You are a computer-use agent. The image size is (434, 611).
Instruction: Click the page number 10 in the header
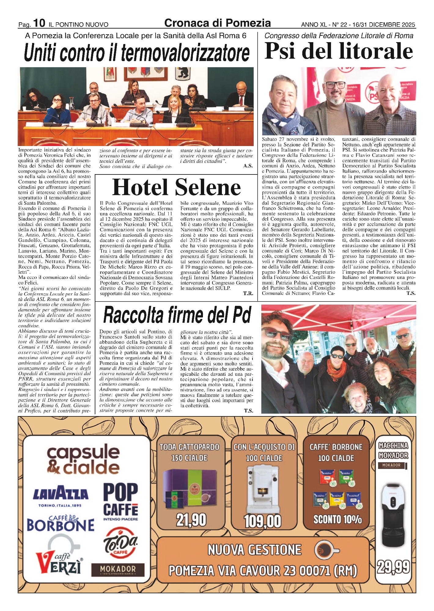(x=39, y=23)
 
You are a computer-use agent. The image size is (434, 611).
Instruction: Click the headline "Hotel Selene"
(x=176, y=187)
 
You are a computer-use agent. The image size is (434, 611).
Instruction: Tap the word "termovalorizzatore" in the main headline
(x=185, y=53)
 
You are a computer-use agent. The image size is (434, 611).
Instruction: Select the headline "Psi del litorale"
(x=339, y=51)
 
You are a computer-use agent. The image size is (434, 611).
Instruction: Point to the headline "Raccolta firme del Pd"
(x=177, y=315)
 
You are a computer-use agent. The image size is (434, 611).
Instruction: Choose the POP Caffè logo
(x=120, y=500)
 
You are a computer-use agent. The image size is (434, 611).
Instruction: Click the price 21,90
(x=191, y=520)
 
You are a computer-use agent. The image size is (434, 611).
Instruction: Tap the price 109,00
(x=263, y=521)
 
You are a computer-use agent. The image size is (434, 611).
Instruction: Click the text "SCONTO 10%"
(x=337, y=519)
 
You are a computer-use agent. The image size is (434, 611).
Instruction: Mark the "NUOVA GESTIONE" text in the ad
(x=255, y=550)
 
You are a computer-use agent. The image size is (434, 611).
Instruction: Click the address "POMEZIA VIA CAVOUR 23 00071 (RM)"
(x=263, y=570)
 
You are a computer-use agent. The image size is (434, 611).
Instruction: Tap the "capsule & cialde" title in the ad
(x=83, y=460)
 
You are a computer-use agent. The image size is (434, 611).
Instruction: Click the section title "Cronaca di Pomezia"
(x=217, y=23)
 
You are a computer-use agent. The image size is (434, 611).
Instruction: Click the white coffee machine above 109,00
(x=263, y=488)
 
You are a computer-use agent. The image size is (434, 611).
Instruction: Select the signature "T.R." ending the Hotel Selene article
(x=248, y=294)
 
